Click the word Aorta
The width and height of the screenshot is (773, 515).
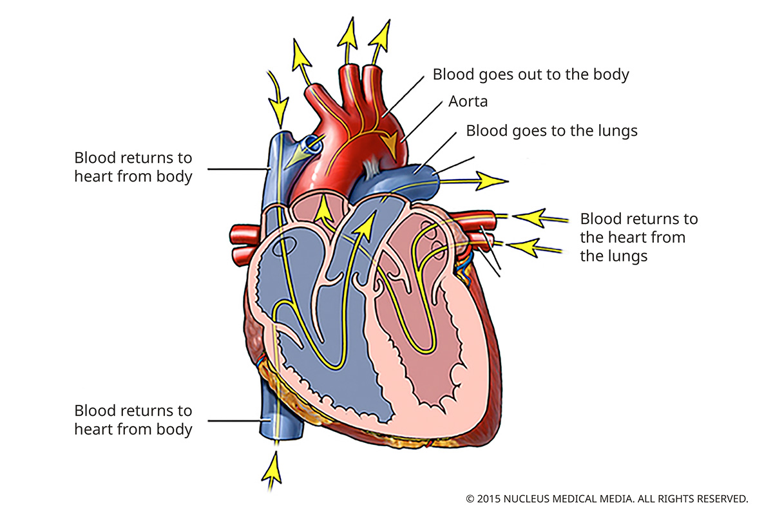coord(468,102)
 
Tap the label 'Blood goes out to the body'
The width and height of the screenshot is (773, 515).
coord(530,74)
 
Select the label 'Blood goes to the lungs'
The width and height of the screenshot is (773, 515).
coord(551,131)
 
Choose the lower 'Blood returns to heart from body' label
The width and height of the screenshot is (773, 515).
coord(133,420)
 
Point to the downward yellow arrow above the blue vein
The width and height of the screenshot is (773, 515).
coord(279,97)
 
